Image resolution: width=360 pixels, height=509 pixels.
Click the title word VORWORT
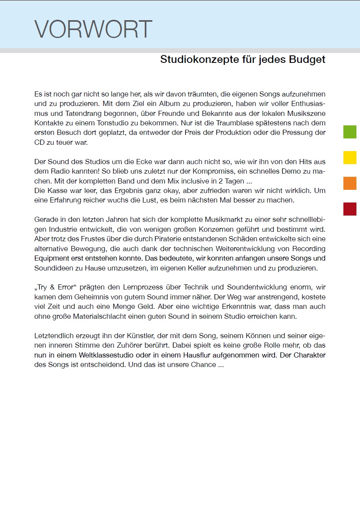point(93,29)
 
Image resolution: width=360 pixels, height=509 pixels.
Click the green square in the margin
point(350,132)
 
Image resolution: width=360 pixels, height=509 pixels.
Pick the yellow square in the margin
point(350,157)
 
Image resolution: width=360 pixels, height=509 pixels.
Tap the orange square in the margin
point(350,183)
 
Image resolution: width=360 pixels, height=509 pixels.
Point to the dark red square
point(350,209)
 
